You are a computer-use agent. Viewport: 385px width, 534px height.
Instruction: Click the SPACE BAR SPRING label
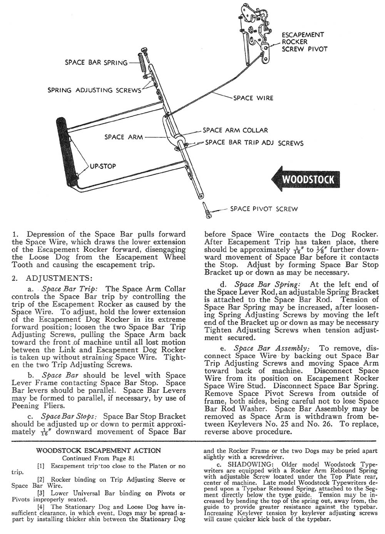click(x=96, y=62)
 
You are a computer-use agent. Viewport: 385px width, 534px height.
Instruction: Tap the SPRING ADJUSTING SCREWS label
click(x=94, y=90)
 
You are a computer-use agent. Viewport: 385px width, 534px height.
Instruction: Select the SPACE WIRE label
click(x=253, y=98)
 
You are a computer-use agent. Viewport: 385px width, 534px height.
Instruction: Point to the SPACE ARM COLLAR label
click(x=235, y=130)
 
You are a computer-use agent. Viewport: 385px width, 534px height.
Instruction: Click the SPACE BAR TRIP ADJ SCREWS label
click(x=254, y=143)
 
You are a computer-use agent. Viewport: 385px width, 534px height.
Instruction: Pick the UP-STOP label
click(x=103, y=167)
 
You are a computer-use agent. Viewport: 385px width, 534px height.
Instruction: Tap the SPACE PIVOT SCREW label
click(x=264, y=209)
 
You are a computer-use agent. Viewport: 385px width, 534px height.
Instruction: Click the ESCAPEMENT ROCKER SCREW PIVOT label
click(x=304, y=42)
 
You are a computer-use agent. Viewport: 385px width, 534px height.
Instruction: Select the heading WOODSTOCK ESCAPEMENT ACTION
click(x=98, y=450)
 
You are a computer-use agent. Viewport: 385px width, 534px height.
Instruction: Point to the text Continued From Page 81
click(x=98, y=458)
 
